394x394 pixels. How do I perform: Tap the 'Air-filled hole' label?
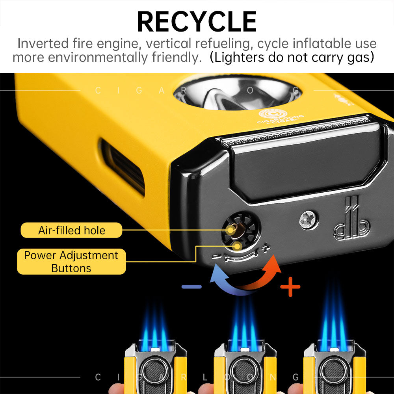71,230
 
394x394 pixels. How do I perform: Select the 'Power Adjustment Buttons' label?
71,262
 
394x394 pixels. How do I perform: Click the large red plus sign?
290,286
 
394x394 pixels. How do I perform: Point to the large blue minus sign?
191,286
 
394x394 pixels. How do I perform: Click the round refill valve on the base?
235,230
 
